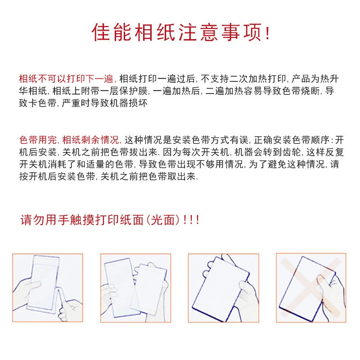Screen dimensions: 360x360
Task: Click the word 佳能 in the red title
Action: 112,32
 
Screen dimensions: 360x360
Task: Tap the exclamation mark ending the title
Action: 267,33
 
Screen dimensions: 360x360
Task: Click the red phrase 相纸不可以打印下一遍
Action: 66,79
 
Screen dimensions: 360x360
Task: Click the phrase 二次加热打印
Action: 257,79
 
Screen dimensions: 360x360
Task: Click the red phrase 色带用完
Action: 38,140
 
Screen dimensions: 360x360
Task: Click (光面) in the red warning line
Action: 163,220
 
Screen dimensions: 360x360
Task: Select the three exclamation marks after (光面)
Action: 191,220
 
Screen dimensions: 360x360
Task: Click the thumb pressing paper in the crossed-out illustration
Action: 321,281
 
